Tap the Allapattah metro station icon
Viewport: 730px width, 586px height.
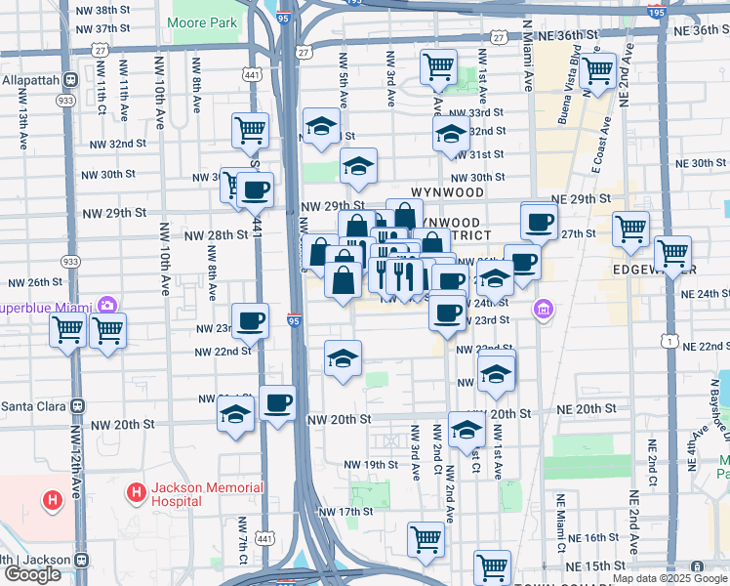(x=70, y=79)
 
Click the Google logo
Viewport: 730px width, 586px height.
(x=32, y=574)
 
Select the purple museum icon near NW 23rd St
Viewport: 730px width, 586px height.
(x=544, y=311)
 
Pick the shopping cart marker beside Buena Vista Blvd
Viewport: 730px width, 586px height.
(x=597, y=72)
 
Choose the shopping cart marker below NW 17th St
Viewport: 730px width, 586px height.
(x=426, y=539)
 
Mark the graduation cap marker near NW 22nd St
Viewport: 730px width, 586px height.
(x=344, y=358)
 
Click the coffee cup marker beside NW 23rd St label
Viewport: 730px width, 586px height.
(x=251, y=320)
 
